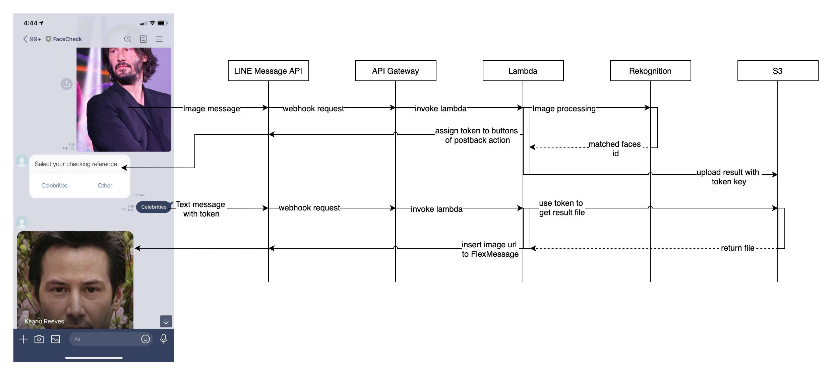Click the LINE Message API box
(268, 71)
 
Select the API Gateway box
(396, 71)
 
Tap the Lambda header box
(523, 71)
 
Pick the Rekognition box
(650, 71)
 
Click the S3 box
(778, 71)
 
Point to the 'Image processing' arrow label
(564, 109)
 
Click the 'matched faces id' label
(615, 148)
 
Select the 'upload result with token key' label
(728, 177)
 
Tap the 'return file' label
(737, 248)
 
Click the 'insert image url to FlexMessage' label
(490, 249)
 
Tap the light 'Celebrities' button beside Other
(54, 185)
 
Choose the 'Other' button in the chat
(105, 185)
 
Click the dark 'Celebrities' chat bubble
(154, 207)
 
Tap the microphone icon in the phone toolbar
(164, 339)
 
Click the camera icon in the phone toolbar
(39, 339)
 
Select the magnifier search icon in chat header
(128, 39)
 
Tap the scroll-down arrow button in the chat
(166, 321)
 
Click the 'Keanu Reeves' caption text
(44, 321)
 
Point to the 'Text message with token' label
(200, 209)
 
